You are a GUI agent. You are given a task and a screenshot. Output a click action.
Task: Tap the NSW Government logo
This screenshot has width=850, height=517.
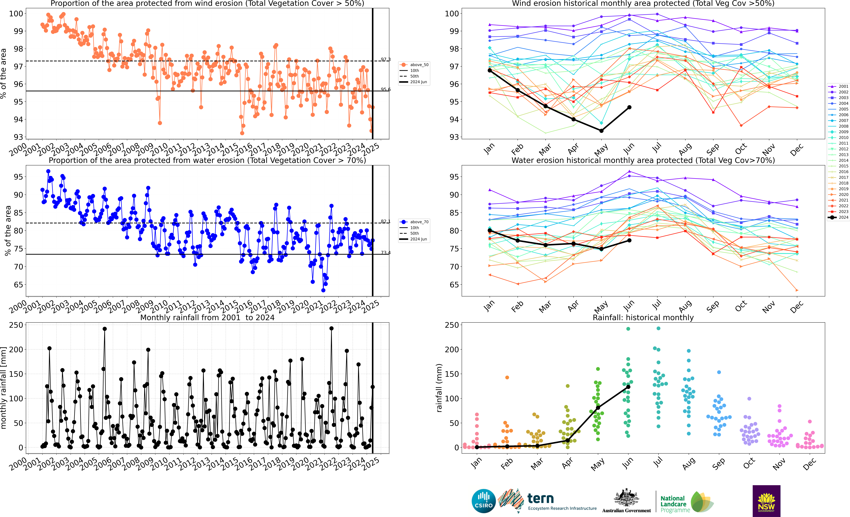[766, 501]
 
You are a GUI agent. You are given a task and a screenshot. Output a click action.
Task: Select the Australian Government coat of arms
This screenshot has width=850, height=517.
[626, 498]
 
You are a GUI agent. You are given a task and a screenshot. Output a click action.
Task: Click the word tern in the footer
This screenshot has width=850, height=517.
[541, 498]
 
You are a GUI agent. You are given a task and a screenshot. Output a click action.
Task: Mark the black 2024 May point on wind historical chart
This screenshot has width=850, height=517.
[601, 131]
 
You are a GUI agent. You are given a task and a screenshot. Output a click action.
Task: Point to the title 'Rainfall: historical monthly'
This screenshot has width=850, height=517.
[643, 317]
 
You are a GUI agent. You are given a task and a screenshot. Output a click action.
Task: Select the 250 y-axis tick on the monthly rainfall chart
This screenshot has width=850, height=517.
[16, 325]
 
